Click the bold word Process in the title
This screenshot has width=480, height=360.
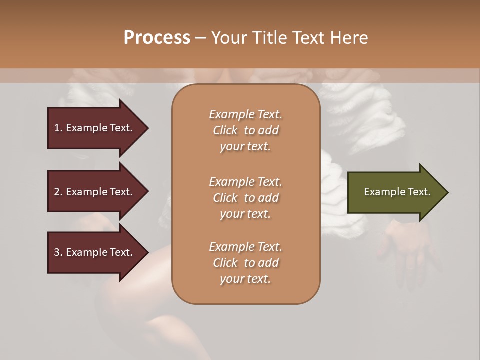pos(157,38)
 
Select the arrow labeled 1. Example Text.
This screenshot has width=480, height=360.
pos(95,128)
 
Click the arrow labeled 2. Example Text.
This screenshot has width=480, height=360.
pos(95,192)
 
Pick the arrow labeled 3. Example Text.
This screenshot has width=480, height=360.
pos(95,252)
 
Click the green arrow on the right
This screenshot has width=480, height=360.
pos(395,192)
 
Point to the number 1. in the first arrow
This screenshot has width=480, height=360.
pos(58,128)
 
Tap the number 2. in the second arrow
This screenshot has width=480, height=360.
pos(58,192)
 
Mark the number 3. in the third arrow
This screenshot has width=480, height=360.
pos(58,252)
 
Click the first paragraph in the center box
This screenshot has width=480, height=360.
pos(246,130)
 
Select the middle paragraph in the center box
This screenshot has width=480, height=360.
pos(246,198)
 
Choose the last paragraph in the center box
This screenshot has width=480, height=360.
pos(246,263)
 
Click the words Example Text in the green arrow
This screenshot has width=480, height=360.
pos(397,192)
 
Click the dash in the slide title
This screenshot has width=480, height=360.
pos(201,38)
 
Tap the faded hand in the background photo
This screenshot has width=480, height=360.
pos(410,245)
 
